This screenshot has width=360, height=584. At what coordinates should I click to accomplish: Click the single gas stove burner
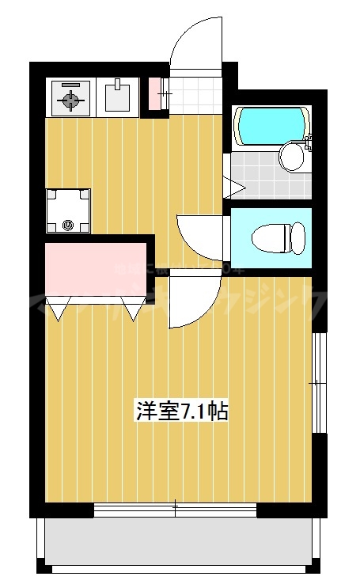click(70, 98)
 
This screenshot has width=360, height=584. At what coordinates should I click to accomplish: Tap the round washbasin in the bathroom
click(292, 155)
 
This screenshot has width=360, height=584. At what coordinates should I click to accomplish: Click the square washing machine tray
click(68, 210)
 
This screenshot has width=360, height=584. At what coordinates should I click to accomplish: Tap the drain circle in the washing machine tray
click(68, 225)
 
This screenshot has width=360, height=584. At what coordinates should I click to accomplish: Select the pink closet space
click(93, 269)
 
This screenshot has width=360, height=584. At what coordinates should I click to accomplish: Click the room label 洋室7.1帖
click(183, 411)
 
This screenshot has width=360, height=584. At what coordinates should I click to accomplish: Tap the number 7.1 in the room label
click(194, 411)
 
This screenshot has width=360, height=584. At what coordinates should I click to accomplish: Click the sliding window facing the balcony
click(176, 510)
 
